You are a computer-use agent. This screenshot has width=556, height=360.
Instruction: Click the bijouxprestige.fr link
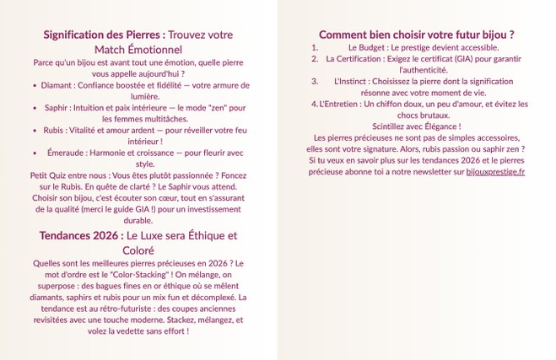495,171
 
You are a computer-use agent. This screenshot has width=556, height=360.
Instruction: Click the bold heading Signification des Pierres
104,35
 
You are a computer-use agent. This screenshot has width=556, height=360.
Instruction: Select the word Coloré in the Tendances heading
138,250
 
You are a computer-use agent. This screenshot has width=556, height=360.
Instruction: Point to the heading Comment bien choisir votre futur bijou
417,35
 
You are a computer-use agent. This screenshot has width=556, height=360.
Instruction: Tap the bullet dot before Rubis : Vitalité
35,131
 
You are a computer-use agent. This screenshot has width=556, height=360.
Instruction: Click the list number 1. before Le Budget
315,48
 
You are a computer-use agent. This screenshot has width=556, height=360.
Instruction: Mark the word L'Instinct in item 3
349,82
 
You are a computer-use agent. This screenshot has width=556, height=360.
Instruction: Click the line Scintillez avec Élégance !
417,126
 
